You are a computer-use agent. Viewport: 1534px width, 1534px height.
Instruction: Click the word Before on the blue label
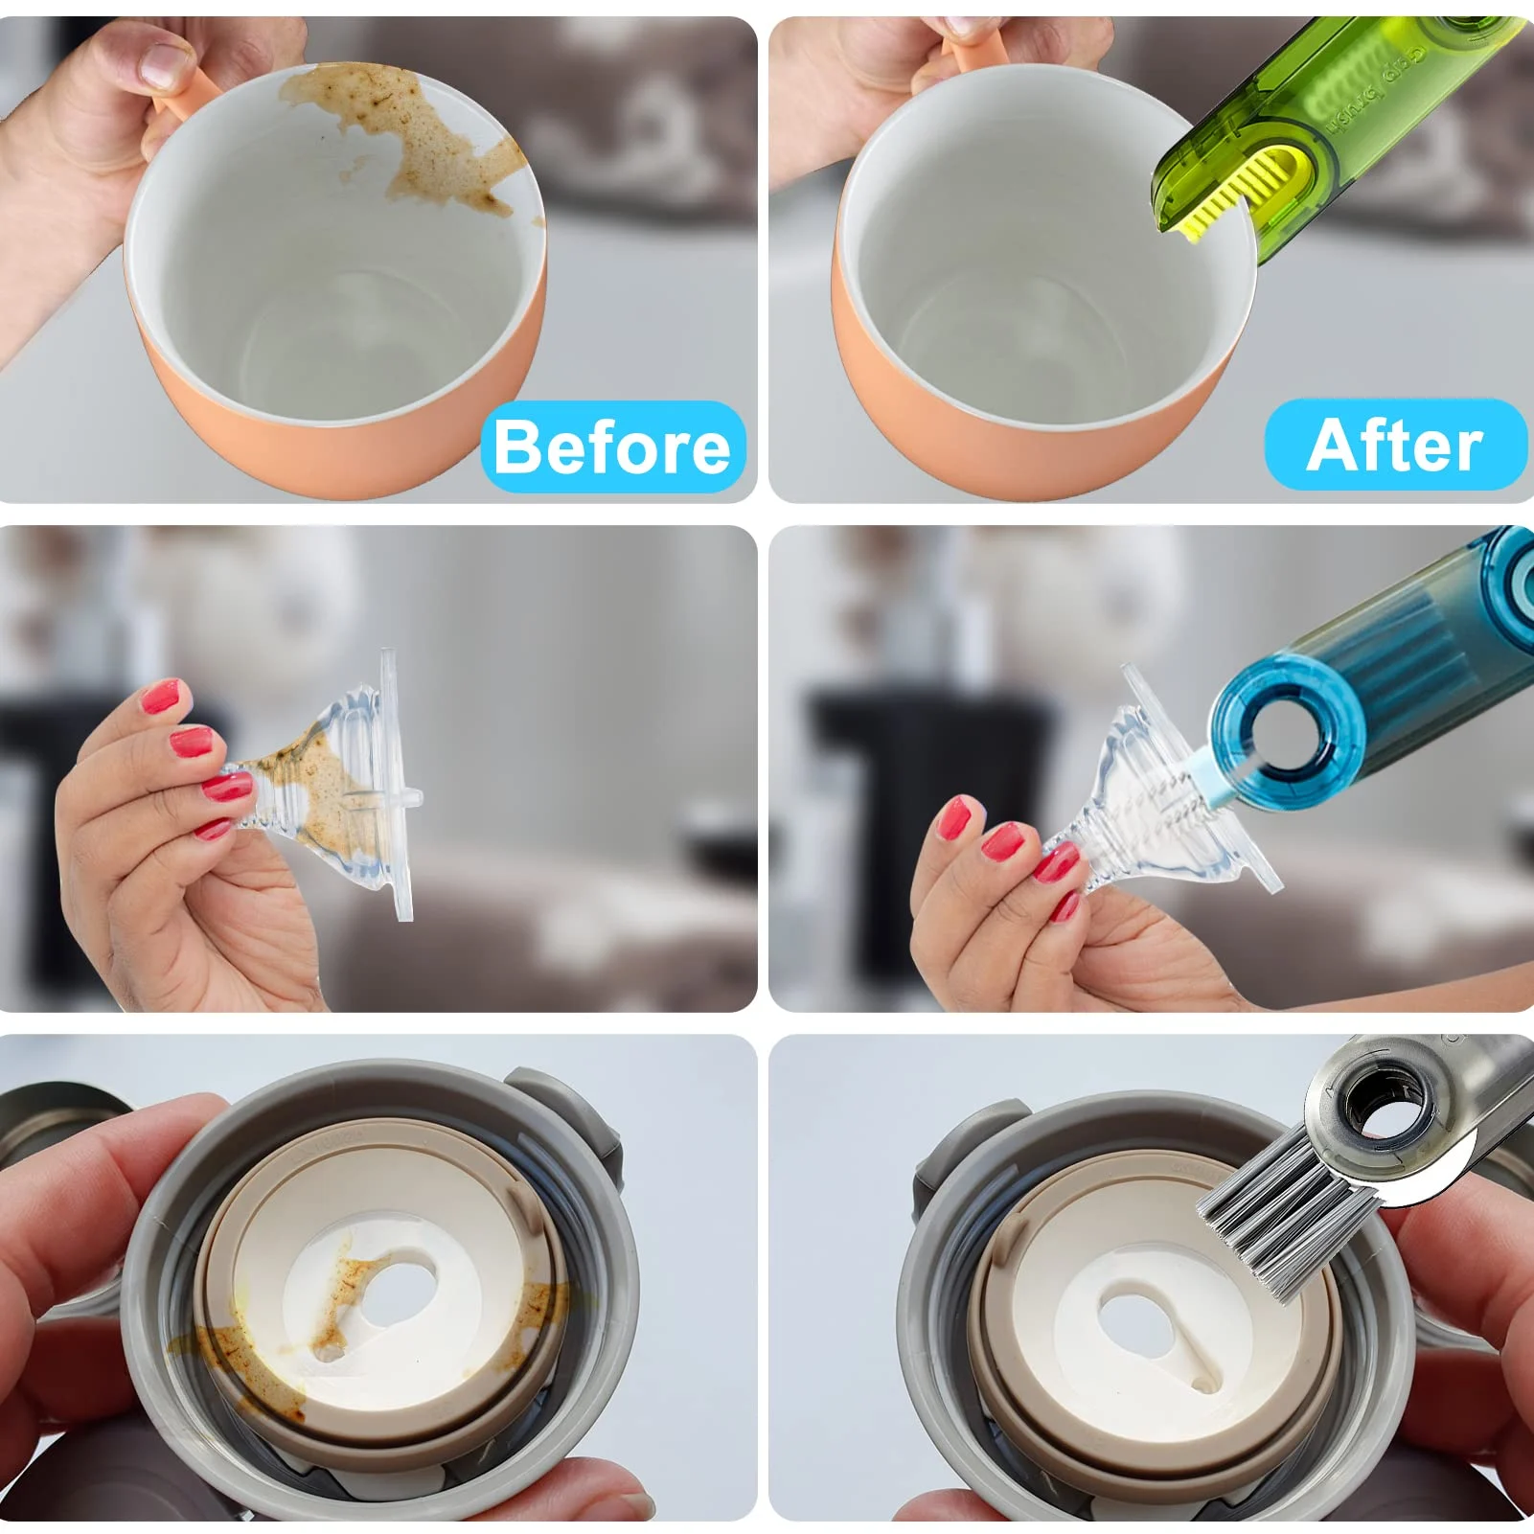[x=612, y=447]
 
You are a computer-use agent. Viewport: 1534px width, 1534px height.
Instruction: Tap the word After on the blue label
[x=1394, y=446]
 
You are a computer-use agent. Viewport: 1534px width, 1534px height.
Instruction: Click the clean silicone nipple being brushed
[x=1150, y=805]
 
